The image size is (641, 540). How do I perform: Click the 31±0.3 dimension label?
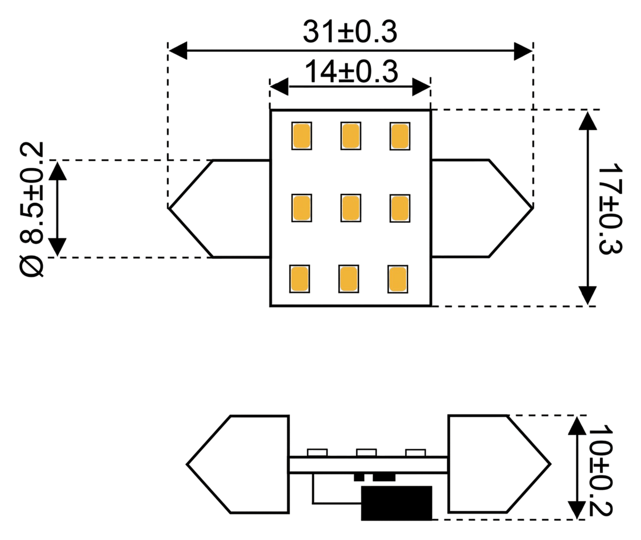pyautogui.click(x=350, y=32)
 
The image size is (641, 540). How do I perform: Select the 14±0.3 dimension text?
pyautogui.click(x=351, y=72)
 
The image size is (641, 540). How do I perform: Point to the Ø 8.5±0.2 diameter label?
pyautogui.click(x=31, y=209)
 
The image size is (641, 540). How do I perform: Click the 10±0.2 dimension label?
pyautogui.click(x=601, y=471)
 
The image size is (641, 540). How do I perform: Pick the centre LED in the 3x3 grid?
pyautogui.click(x=350, y=208)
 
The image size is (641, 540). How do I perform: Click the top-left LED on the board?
pyautogui.click(x=301, y=136)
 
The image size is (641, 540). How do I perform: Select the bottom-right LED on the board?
pyautogui.click(x=397, y=279)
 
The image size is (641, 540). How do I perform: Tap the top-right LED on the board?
pyautogui.click(x=400, y=136)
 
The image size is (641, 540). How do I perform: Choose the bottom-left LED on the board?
pyautogui.click(x=299, y=279)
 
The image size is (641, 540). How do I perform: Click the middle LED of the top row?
pyautogui.click(x=350, y=136)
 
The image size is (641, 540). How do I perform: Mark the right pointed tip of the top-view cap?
pyautogui.click(x=533, y=208)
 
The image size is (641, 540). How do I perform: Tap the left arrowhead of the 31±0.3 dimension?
pyautogui.click(x=178, y=51)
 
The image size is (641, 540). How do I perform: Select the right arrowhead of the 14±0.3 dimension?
pyautogui.click(x=421, y=87)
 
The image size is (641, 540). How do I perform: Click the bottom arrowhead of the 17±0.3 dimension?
pyautogui.click(x=588, y=295)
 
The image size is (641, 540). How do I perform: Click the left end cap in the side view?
pyautogui.click(x=238, y=464)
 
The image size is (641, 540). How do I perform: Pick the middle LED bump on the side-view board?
pyautogui.click(x=366, y=453)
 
